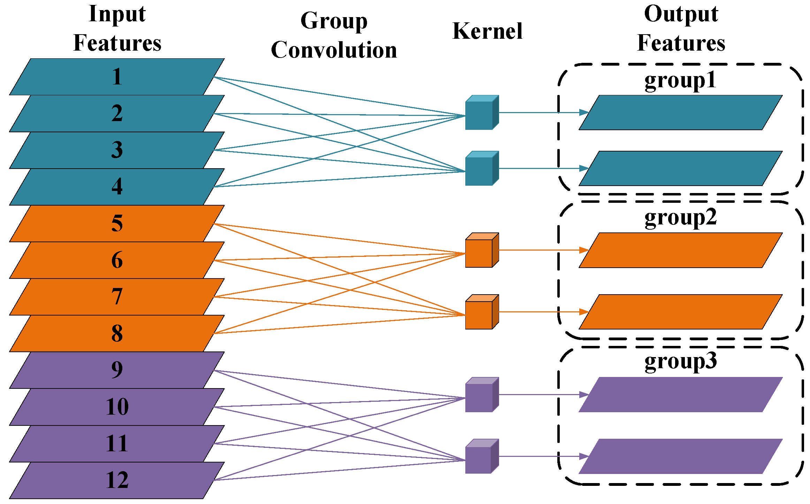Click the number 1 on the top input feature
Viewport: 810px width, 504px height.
(117, 77)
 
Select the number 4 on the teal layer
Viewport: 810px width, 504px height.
(117, 187)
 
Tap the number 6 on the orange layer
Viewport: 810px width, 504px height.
(117, 260)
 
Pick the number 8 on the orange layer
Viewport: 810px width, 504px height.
(117, 333)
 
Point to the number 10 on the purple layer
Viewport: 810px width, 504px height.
(117, 407)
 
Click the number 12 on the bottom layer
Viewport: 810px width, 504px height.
(117, 480)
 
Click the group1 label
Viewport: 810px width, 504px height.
(680, 80)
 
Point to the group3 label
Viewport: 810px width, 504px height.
(680, 361)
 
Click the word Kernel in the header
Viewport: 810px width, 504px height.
(487, 31)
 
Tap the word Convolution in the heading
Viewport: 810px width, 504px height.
(334, 50)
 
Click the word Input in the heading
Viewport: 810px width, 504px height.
(117, 14)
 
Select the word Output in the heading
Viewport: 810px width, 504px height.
(681, 14)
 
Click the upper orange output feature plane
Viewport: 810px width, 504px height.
(680, 250)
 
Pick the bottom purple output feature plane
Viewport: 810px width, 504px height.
(680, 456)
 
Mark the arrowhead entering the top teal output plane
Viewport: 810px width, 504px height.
(584, 112)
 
